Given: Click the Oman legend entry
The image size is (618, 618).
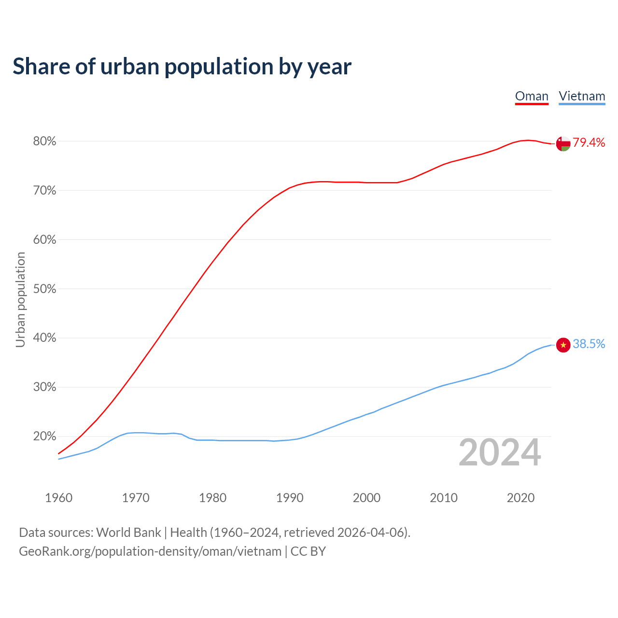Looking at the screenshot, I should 532,96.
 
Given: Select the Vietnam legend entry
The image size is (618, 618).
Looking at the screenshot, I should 582,96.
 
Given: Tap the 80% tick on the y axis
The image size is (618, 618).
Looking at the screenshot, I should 44,141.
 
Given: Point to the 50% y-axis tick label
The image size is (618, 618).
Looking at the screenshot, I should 44,289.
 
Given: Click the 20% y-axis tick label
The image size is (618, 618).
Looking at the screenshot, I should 44,436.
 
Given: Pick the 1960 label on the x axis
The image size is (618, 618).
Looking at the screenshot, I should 58,498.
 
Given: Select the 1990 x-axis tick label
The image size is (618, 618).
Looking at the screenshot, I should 290,498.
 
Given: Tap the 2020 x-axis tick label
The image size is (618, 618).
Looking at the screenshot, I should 520,498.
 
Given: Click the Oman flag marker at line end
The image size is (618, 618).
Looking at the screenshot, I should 563,143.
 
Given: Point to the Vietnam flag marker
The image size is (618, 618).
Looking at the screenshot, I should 563,345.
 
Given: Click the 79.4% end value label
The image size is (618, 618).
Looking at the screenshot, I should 589,142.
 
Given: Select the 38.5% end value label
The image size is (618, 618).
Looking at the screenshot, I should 589,344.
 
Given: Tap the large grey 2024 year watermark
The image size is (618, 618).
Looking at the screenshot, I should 500,452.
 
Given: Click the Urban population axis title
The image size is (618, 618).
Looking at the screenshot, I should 20,299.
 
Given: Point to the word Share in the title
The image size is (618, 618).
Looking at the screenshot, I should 41,67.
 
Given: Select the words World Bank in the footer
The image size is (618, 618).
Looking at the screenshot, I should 128,532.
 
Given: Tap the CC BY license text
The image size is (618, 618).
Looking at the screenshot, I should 308,551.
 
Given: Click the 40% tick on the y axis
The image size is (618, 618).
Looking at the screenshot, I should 44,338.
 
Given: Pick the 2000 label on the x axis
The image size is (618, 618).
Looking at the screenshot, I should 366,498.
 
